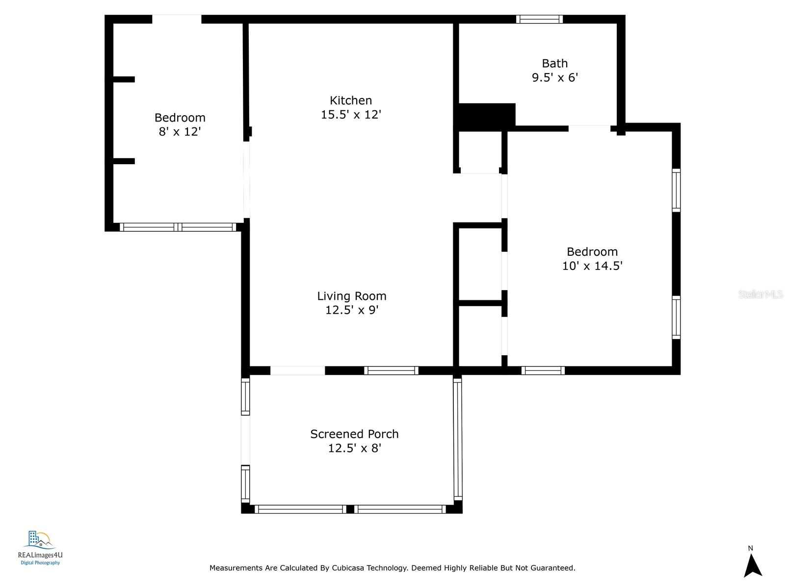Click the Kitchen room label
350,100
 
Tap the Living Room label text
352,296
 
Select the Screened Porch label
354,434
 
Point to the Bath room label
555,63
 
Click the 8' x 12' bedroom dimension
180,131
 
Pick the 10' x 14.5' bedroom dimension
592,266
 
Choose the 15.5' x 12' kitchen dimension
351,114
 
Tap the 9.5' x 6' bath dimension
555,77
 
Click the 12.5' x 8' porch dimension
354,448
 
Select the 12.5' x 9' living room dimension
352,310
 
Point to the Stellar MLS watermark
760,294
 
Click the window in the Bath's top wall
539,19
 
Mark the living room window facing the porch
391,370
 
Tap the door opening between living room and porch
297,370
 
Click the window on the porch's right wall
458,440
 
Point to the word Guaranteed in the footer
553,567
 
